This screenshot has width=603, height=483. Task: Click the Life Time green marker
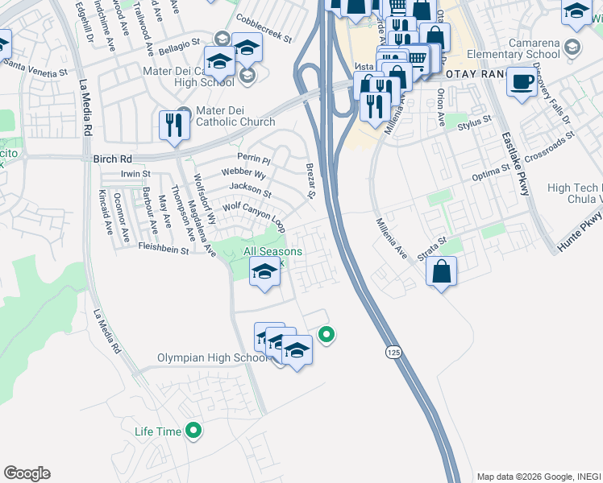(x=193, y=431)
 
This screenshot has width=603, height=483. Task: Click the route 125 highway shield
(x=393, y=352)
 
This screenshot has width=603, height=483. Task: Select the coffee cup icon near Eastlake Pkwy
(x=522, y=83)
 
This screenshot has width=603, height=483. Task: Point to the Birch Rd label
(x=110, y=159)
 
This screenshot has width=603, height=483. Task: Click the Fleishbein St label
(x=163, y=250)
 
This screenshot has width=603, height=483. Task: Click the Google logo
(x=27, y=473)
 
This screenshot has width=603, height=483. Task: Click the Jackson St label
(x=250, y=189)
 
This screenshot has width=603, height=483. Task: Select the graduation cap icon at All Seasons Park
(x=264, y=272)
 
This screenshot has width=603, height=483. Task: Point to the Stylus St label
(x=474, y=122)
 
